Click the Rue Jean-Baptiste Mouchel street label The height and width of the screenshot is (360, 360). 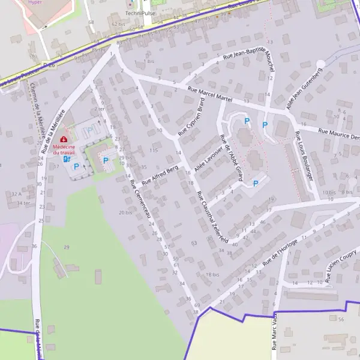click(x=248, y=64)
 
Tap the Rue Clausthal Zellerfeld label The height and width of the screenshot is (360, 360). click(x=213, y=216)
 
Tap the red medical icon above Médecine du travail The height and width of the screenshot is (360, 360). click(x=64, y=140)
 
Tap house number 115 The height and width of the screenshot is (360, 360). click(x=154, y=150)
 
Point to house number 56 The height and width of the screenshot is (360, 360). click(x=341, y=319)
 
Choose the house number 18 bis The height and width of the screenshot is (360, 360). click(x=212, y=274)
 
